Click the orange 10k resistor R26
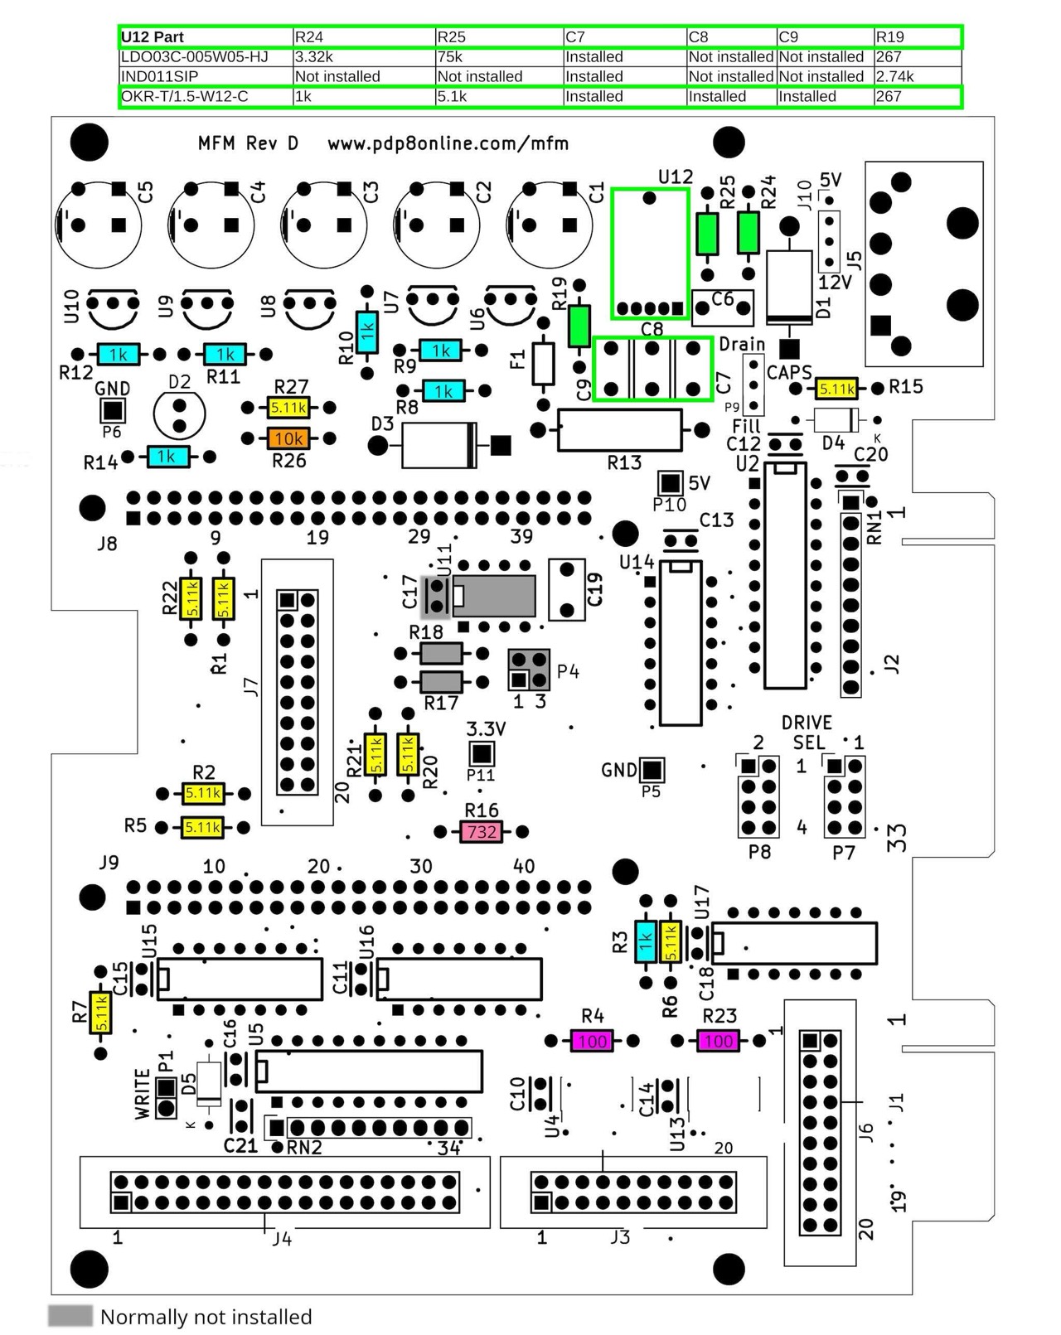[288, 438]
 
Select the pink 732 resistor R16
[482, 831]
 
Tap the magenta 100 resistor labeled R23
[719, 1041]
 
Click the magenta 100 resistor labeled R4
[592, 1041]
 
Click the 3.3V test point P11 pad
[481, 753]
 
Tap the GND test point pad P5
[652, 770]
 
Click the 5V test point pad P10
[669, 483]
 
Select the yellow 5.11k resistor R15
[836, 388]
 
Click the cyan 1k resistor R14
[167, 457]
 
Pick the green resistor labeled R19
[579, 326]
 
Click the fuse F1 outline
[543, 364]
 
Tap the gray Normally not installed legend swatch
[70, 1316]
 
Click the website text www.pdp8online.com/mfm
[448, 143]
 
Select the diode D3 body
[438, 446]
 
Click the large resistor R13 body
[620, 429]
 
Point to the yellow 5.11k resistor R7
[101, 1012]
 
